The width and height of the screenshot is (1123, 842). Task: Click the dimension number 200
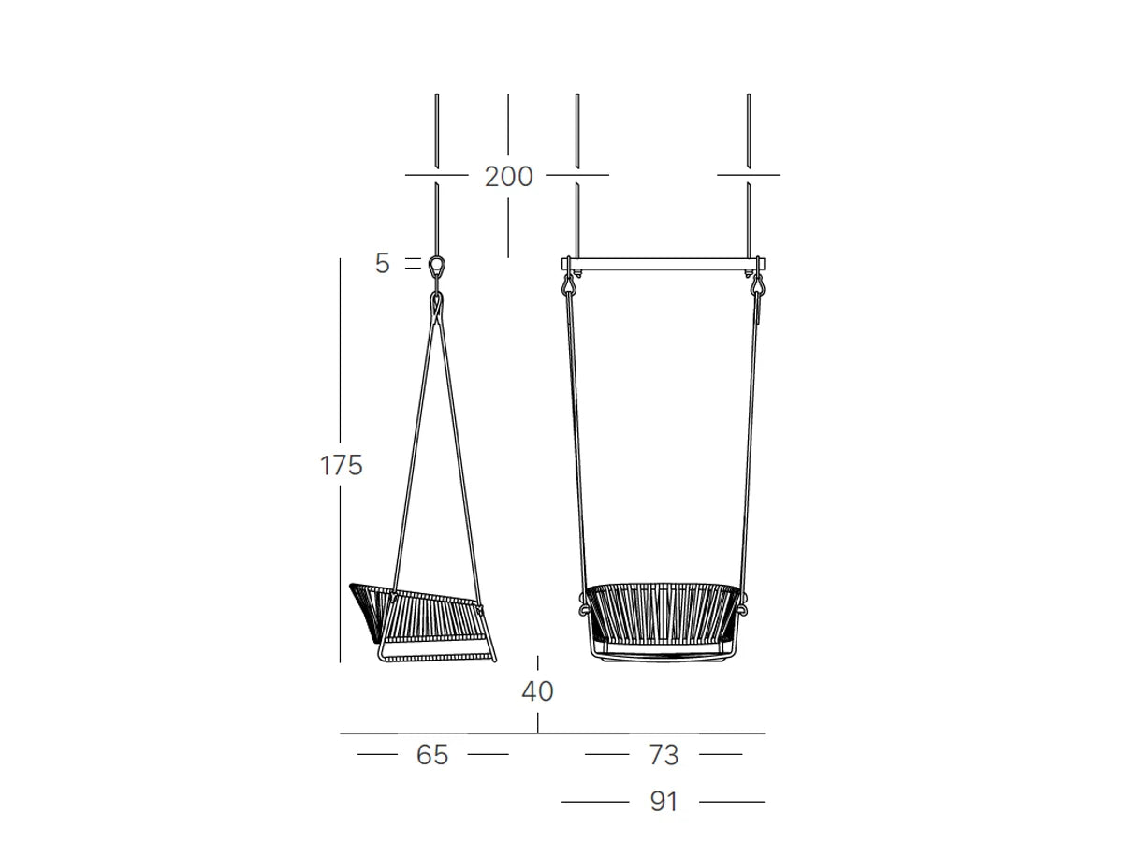point(508,177)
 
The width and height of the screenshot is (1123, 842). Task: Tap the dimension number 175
point(342,465)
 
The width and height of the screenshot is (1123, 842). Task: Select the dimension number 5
point(382,263)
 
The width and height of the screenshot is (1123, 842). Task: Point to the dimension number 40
point(537,690)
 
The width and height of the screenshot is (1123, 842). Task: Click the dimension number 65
point(432,755)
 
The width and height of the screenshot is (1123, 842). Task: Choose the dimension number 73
point(664,755)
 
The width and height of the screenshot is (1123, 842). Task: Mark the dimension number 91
point(664,802)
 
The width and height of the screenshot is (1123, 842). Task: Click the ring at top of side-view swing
point(436,265)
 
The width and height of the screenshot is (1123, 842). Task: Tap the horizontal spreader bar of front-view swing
point(664,264)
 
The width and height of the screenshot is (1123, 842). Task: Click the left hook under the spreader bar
point(569,284)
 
